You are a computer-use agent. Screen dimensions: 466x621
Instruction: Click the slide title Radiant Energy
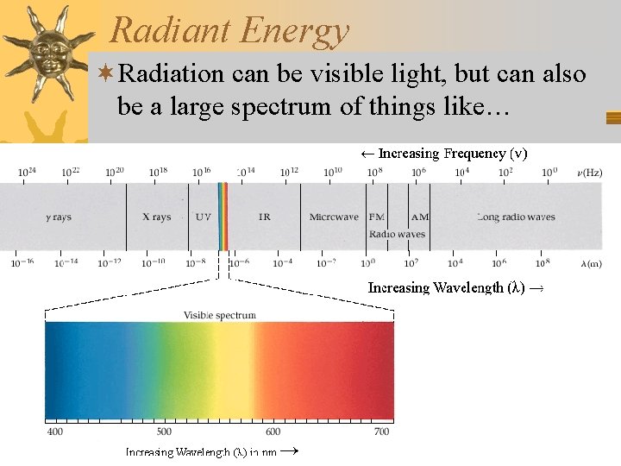(x=229, y=30)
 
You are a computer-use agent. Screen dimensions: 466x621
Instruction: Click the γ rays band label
(x=59, y=217)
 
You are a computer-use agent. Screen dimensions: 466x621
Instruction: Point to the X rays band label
(x=157, y=217)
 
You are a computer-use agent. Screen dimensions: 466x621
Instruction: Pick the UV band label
(x=203, y=217)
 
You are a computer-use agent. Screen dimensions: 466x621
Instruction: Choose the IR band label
(x=264, y=217)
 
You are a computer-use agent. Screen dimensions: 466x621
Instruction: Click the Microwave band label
(x=335, y=217)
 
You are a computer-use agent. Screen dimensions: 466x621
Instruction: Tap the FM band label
(x=377, y=217)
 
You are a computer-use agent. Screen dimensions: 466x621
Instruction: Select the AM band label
(x=420, y=217)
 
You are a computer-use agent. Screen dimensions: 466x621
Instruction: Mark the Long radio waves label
(x=516, y=217)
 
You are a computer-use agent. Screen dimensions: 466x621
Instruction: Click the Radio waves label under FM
(x=397, y=234)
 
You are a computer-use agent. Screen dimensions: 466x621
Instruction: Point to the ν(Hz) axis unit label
(x=590, y=173)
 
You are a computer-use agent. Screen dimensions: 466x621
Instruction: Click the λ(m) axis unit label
(x=590, y=263)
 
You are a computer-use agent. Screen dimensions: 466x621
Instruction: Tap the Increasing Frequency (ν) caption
(x=443, y=154)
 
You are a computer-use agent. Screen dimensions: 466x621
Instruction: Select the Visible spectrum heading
(x=219, y=315)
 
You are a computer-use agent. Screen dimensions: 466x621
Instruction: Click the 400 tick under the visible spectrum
(x=54, y=431)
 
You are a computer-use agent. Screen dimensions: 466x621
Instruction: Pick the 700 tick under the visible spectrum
(x=382, y=431)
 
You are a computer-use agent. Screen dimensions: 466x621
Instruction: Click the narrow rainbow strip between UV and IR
(x=223, y=216)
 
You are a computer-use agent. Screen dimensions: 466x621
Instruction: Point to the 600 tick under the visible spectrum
(x=273, y=431)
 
